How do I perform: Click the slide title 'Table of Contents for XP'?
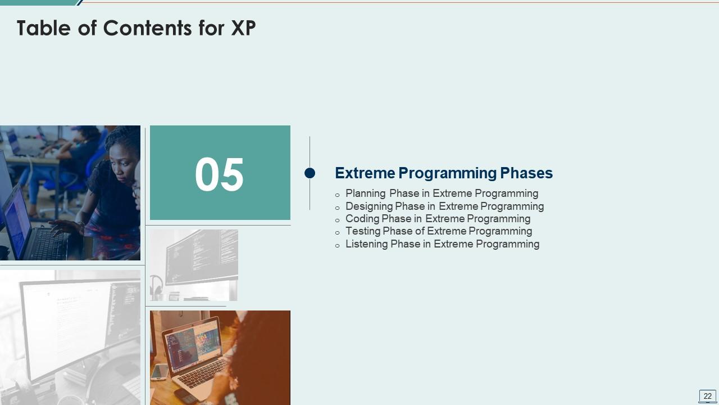[x=136, y=28]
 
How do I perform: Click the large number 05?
[x=219, y=175]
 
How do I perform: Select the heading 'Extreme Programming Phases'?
[x=444, y=173]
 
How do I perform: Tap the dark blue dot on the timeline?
[x=310, y=173]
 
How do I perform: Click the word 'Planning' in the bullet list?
[x=366, y=193]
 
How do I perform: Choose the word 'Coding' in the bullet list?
[x=362, y=219]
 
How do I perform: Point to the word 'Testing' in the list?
[x=363, y=231]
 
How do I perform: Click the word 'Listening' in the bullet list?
[x=367, y=244]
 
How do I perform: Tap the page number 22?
[x=707, y=396]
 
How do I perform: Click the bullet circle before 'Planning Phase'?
[x=338, y=195]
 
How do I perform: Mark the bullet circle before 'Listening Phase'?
[x=338, y=246]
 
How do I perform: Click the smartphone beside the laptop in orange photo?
[x=160, y=372]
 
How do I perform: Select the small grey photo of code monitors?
[x=194, y=265]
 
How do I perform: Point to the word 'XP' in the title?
[x=243, y=28]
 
